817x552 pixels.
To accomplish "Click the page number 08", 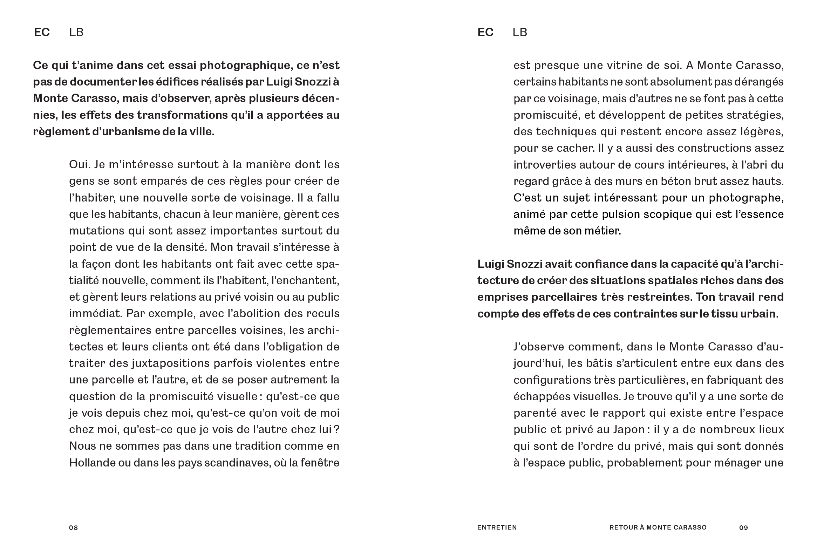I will click(x=74, y=527).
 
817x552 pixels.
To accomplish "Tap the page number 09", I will click(x=743, y=527).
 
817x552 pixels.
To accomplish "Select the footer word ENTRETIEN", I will click(x=497, y=527).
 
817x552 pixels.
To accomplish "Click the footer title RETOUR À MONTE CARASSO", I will click(x=658, y=527).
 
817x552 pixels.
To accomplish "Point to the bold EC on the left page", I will click(x=42, y=32).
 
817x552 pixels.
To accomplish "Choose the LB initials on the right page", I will click(x=520, y=32).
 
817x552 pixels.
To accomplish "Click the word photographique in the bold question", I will click(x=246, y=66).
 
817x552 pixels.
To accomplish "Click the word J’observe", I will click(x=539, y=347).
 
